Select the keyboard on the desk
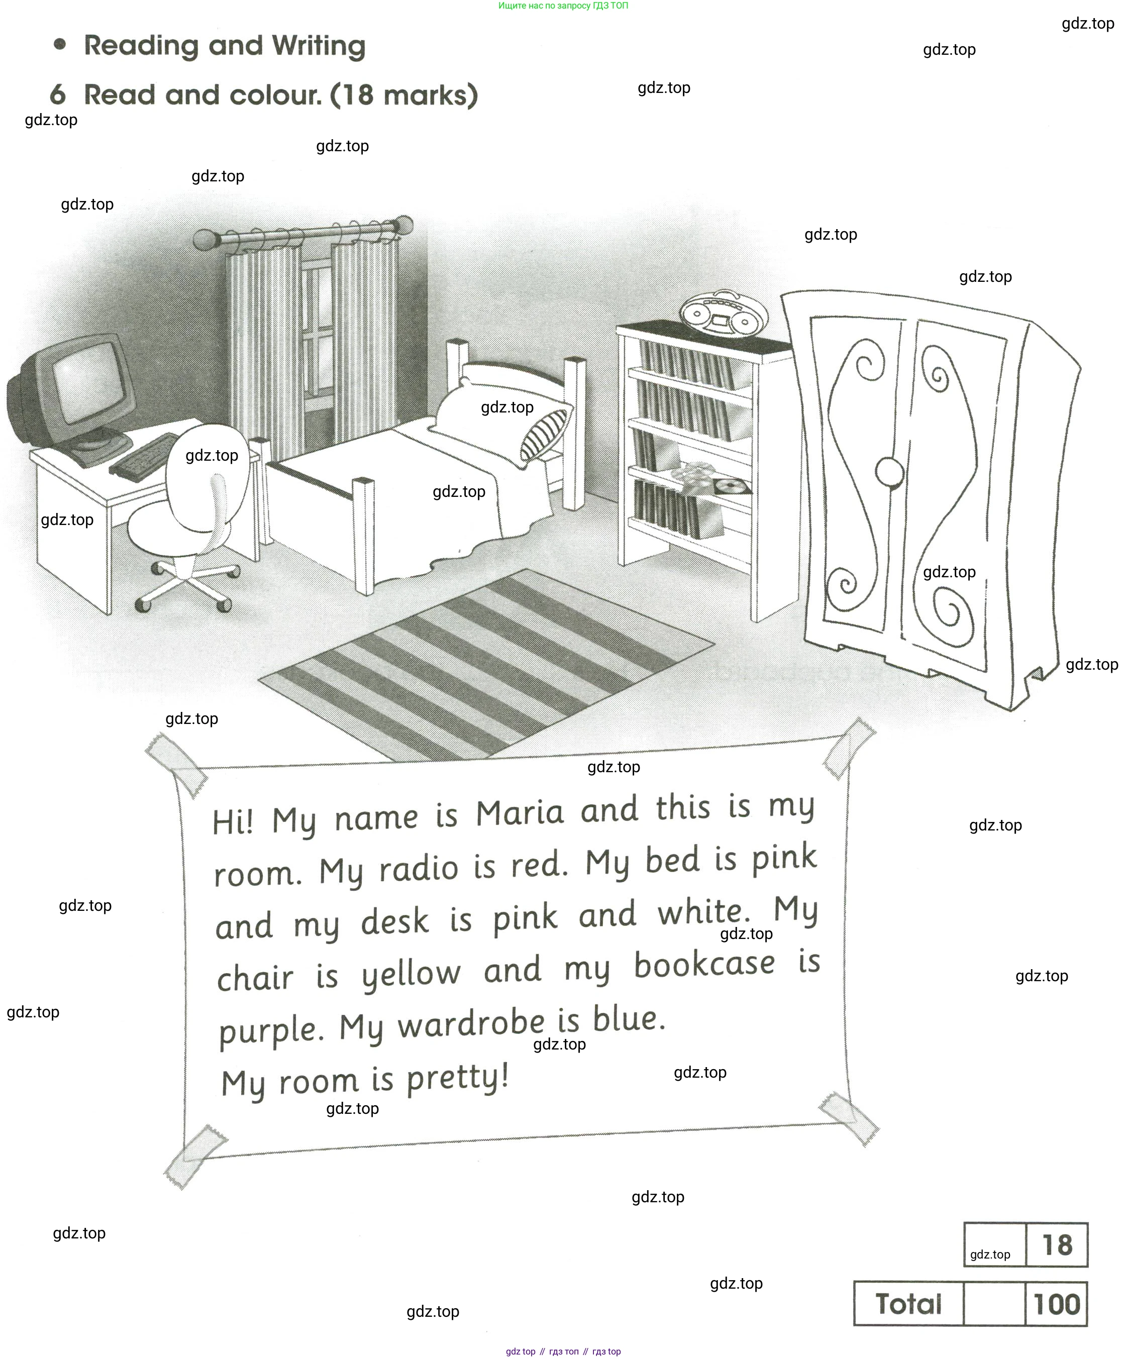coord(144,456)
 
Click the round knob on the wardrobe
coord(889,472)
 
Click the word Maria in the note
coord(520,813)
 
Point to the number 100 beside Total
coord(1056,1304)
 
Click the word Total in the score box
coord(908,1304)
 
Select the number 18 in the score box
coord(1057,1245)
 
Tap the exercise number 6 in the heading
coord(58,95)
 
